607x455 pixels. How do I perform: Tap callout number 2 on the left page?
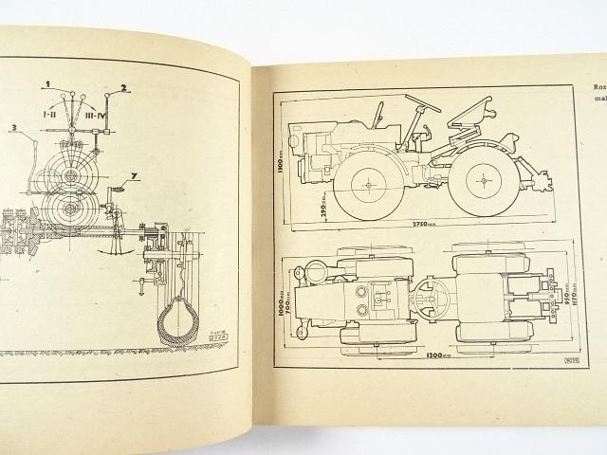(121, 88)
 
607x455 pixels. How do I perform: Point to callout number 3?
(14, 126)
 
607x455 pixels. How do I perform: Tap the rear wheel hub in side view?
(486, 177)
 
